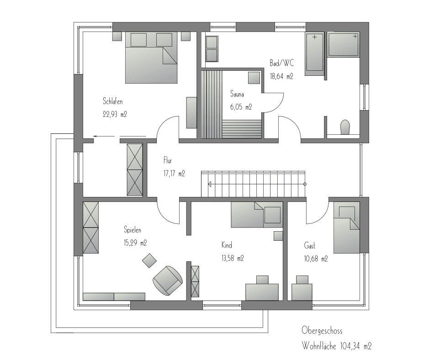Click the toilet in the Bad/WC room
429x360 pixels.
pos(345,127)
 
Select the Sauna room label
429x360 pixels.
pos(237,94)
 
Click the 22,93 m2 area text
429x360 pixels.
pos(115,114)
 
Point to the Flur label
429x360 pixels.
pos(168,160)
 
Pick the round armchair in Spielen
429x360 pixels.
pos(167,281)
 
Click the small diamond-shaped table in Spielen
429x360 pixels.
pos(149,261)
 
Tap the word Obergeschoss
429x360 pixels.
pos(322,330)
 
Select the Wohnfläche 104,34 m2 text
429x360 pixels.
pos(337,346)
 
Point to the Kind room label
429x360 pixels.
pos(227,245)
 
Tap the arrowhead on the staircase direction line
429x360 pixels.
pos(210,184)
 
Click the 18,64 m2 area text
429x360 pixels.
pos(281,76)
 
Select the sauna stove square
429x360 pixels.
pos(254,77)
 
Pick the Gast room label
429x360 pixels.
pos(309,245)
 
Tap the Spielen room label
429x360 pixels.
pos(132,229)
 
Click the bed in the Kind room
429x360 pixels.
pos(257,215)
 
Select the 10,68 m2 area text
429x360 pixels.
pos(316,258)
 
